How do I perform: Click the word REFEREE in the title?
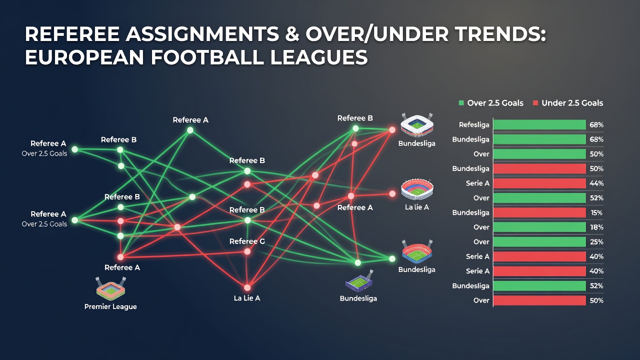72,34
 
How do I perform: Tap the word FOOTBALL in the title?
206,57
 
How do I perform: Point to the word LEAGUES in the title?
318,57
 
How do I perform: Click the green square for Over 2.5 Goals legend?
461,103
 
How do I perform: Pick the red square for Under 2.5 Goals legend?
535,103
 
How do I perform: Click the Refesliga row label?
474,125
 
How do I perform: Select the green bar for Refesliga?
539,125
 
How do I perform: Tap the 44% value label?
596,183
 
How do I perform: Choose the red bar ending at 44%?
539,183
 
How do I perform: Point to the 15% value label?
596,212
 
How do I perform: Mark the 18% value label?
596,227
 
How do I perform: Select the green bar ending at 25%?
539,242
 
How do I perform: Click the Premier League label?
110,306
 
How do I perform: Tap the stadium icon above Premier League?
110,287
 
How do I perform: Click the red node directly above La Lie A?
247,287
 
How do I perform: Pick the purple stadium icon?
359,280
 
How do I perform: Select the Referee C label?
247,241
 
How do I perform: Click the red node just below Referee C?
247,251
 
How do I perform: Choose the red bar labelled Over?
539,300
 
